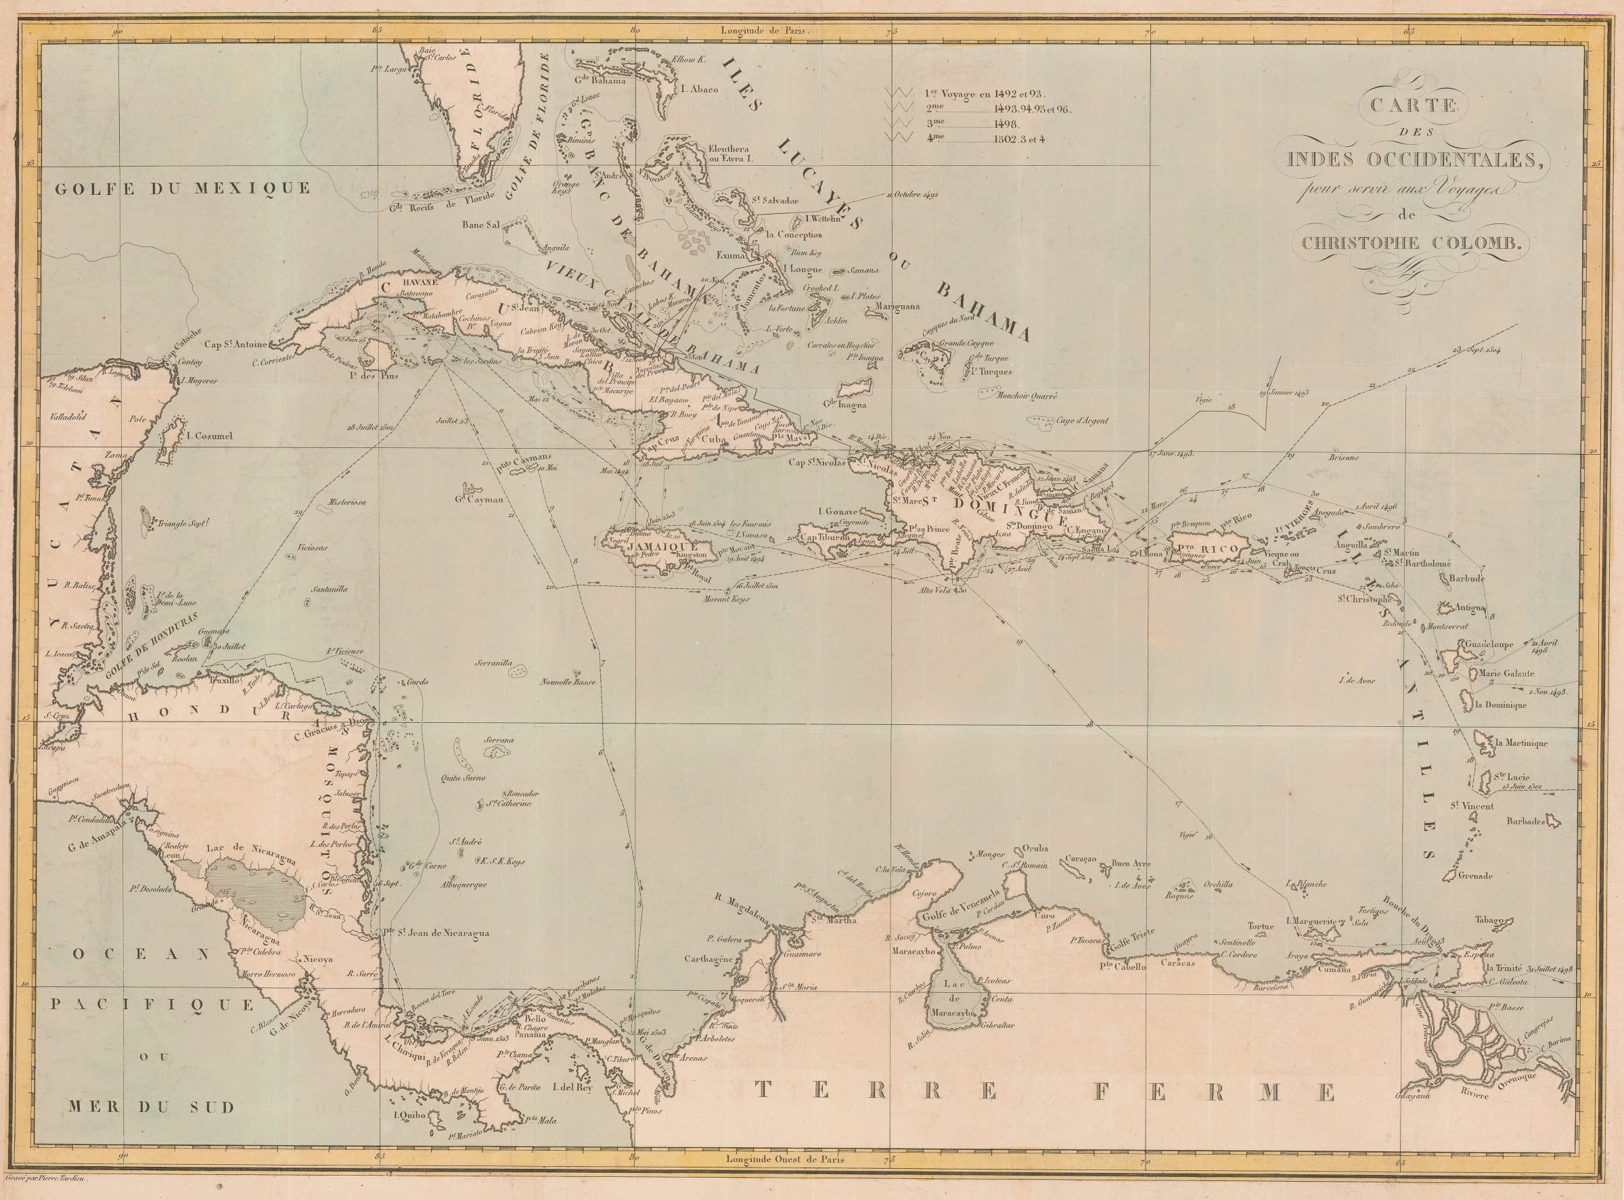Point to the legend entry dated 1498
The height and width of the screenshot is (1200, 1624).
click(1002, 125)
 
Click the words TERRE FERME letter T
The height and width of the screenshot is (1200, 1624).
click(763, 1111)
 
